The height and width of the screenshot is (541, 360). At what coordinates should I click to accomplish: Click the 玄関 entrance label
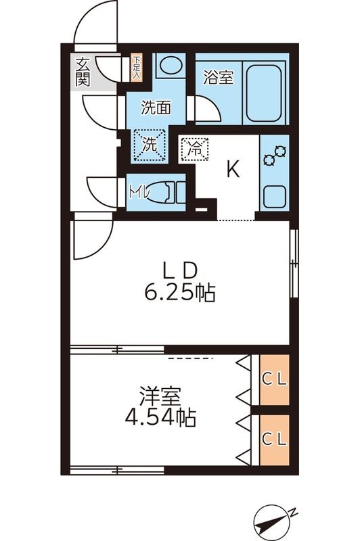tap(82, 71)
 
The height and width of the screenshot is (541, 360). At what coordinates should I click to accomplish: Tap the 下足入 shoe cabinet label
tap(136, 66)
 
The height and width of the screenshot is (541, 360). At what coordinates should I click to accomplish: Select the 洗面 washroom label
tap(155, 106)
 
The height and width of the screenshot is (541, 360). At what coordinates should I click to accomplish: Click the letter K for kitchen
tap(232, 170)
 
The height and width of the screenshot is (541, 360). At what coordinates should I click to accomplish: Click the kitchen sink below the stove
tap(274, 197)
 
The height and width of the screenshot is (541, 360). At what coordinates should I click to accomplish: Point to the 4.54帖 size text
tap(160, 418)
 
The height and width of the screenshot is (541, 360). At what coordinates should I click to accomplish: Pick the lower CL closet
tap(274, 439)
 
